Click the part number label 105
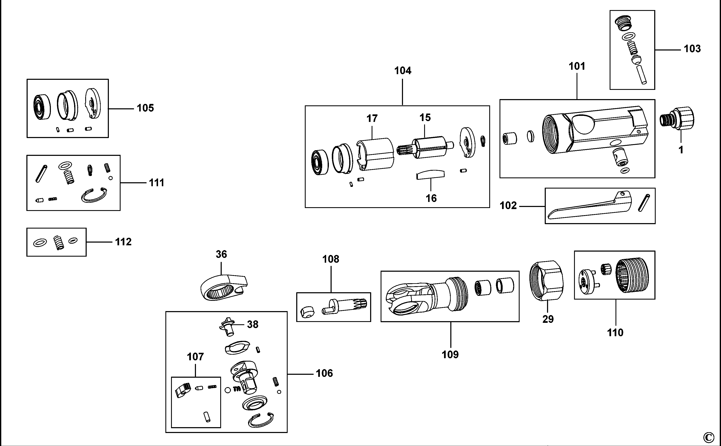point(145,108)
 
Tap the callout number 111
point(157,183)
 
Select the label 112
point(123,242)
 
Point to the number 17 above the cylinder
point(372,119)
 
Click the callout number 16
point(431,198)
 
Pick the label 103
point(692,48)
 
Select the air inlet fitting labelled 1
point(677,119)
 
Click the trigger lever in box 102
point(587,207)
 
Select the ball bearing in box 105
point(41,107)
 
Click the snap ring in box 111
point(94,195)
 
